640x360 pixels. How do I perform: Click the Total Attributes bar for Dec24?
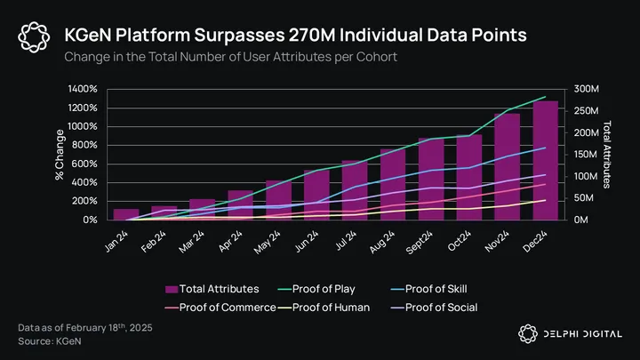pyautogui.click(x=546, y=161)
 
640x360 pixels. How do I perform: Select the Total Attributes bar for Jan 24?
pyautogui.click(x=126, y=214)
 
